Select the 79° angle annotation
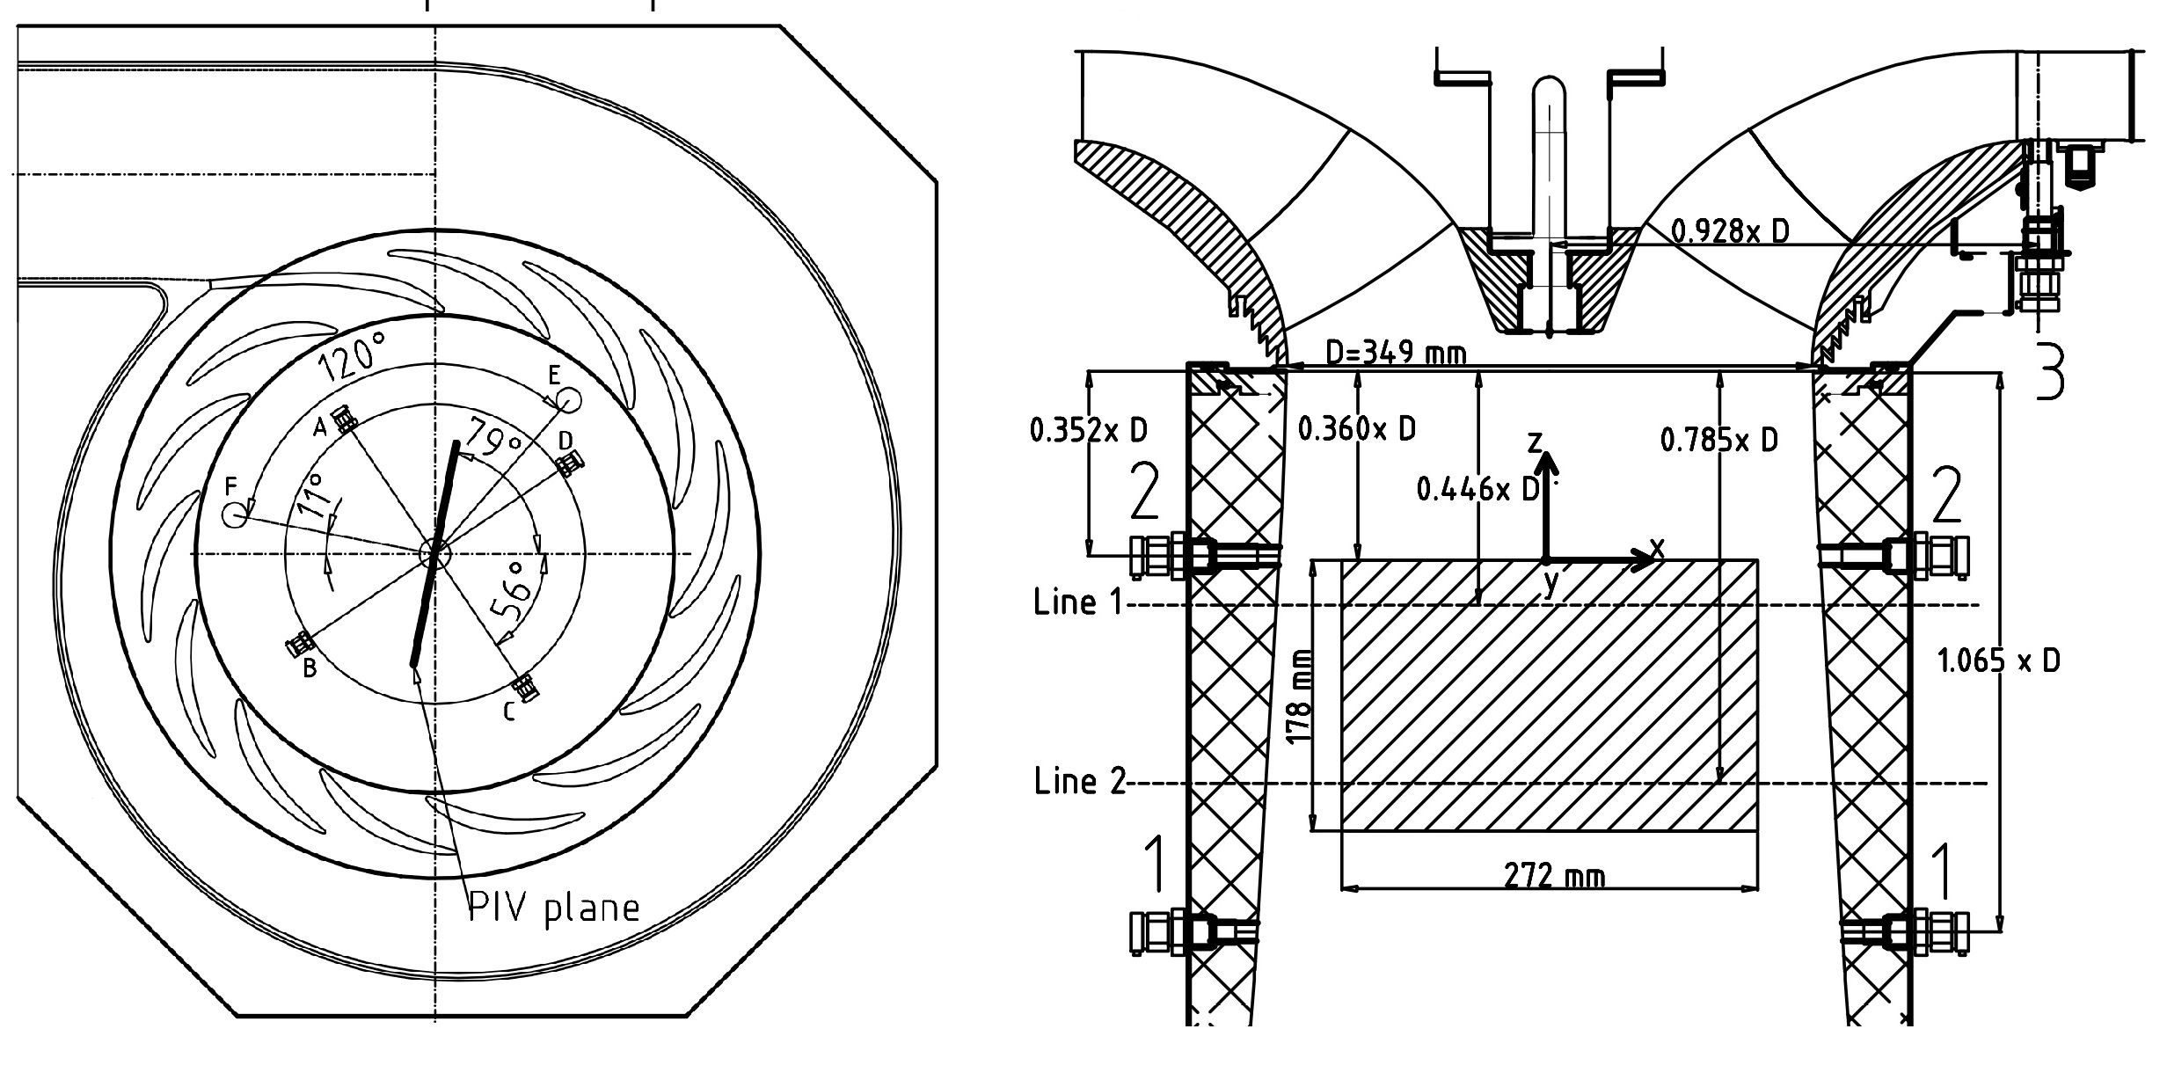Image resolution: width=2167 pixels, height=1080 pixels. click(496, 438)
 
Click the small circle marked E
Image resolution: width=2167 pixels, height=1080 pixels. click(569, 400)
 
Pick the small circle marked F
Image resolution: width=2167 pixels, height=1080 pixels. click(234, 515)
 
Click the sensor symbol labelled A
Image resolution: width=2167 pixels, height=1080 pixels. click(345, 419)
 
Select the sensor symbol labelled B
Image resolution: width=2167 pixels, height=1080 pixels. click(301, 645)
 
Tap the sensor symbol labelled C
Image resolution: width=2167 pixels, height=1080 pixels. click(525, 686)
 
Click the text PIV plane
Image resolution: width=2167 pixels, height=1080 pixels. click(553, 907)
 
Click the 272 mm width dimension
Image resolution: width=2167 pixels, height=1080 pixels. click(1554, 876)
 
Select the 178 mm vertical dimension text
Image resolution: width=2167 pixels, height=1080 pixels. click(1299, 695)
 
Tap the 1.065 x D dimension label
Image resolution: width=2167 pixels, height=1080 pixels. click(1998, 660)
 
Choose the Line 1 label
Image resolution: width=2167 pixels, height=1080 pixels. click(1078, 603)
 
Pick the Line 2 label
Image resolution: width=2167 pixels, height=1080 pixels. click(1079, 781)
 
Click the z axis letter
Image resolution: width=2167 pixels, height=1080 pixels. click(1536, 442)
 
